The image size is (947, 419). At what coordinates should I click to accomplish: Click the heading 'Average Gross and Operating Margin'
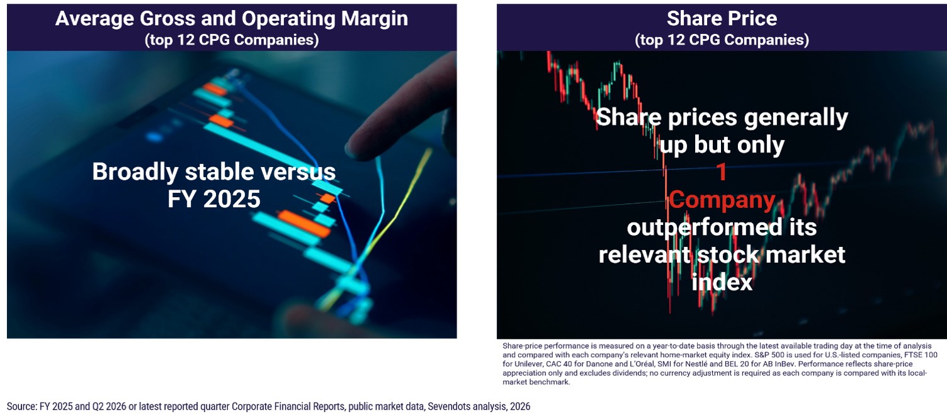click(x=232, y=19)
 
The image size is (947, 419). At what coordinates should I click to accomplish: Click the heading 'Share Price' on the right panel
click(x=722, y=19)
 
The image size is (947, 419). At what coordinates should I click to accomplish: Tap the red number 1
click(x=722, y=172)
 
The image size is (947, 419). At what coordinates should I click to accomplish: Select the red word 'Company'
click(x=722, y=200)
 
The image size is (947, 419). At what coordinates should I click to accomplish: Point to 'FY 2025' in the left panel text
click(x=214, y=199)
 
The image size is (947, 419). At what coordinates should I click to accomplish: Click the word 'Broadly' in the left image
click(x=135, y=172)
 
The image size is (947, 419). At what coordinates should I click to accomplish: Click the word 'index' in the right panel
click(x=722, y=282)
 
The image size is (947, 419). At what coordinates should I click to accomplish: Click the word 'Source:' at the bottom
click(x=22, y=407)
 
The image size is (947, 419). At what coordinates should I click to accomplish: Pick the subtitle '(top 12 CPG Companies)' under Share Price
click(x=722, y=40)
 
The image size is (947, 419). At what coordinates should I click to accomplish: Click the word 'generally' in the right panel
click(x=796, y=118)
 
